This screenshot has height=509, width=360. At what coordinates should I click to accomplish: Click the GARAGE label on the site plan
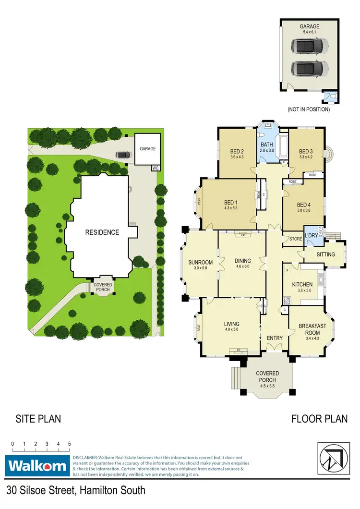(x=148, y=149)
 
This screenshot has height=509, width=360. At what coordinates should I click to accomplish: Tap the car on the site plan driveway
(x=123, y=155)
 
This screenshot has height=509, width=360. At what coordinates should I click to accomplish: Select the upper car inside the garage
(x=310, y=46)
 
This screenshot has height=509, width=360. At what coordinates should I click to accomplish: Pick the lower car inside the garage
(x=310, y=69)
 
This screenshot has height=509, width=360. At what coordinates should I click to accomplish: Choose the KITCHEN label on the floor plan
(x=302, y=284)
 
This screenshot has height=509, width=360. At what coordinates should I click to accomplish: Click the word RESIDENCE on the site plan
(x=102, y=232)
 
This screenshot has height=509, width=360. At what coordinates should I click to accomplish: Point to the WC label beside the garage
(x=155, y=168)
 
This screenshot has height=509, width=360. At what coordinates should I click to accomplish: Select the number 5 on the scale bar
(x=70, y=444)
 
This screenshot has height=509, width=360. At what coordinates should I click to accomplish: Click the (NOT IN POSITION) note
(x=309, y=109)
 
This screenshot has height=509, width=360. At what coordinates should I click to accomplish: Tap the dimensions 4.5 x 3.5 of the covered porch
(x=267, y=380)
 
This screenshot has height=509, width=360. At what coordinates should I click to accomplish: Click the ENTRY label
(x=275, y=338)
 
